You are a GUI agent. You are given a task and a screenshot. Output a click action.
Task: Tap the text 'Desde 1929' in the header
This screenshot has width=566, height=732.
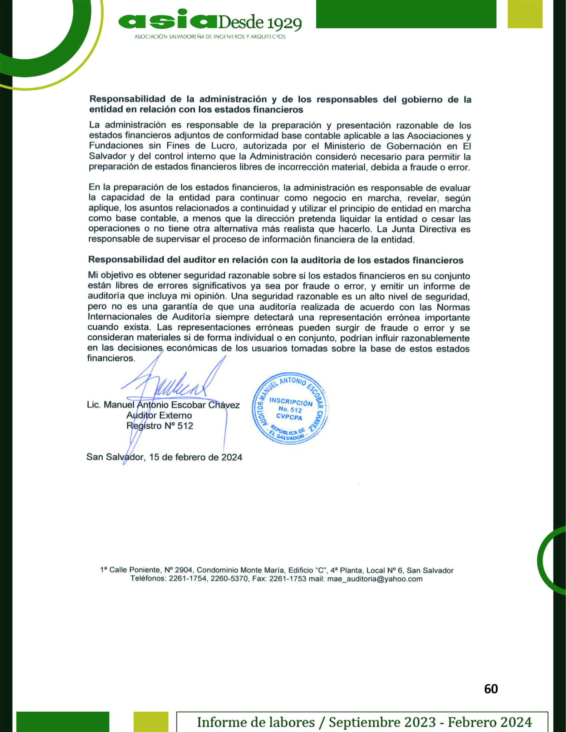[259, 23]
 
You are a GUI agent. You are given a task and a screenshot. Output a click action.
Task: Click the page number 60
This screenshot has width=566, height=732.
[491, 689]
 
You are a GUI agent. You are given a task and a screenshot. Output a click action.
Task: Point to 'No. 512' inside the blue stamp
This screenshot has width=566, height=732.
[290, 410]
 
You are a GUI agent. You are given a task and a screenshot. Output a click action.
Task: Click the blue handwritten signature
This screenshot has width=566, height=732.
[172, 388]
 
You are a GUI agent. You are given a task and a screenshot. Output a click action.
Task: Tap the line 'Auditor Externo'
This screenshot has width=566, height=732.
[159, 415]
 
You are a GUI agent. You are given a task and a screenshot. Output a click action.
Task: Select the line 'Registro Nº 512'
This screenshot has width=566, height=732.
[159, 426]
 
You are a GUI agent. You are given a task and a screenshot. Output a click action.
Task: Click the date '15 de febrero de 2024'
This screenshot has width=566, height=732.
[196, 457]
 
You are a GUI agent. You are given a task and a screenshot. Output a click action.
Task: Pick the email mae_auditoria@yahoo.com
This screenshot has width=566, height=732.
[375, 579]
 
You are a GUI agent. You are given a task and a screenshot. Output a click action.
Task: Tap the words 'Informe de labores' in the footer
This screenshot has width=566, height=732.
[256, 722]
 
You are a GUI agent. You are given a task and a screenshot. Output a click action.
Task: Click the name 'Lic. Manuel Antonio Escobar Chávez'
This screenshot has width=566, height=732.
[163, 405]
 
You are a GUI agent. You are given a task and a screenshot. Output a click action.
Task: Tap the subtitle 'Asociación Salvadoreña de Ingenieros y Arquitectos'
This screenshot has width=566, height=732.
[210, 36]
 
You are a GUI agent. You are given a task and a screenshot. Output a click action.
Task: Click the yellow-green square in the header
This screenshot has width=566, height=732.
[525, 14]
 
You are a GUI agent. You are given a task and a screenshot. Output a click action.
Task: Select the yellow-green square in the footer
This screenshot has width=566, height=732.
[151, 721]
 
